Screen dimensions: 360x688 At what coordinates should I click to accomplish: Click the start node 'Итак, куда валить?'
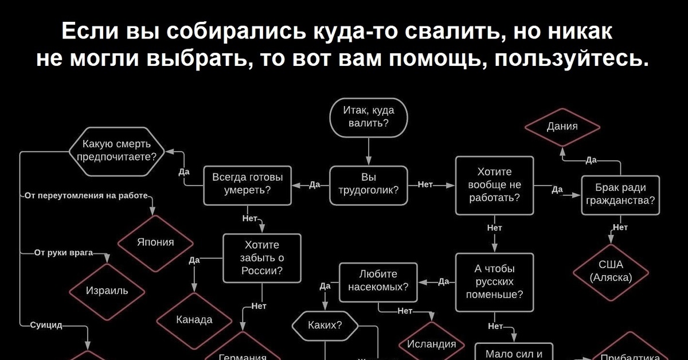click(x=369, y=118)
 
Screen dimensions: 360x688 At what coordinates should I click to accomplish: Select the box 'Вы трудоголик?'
click(x=369, y=185)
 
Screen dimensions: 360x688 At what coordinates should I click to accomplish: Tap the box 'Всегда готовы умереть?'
click(x=248, y=185)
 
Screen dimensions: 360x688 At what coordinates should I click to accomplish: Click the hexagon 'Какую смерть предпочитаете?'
click(x=116, y=151)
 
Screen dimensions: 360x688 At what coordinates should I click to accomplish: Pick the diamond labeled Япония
click(x=155, y=242)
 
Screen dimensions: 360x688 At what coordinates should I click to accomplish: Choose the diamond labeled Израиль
click(x=107, y=291)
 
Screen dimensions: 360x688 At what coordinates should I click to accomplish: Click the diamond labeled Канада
click(x=194, y=319)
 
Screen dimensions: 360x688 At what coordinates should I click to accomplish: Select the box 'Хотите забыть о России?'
click(x=262, y=258)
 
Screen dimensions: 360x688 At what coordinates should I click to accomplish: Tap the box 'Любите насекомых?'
click(x=378, y=281)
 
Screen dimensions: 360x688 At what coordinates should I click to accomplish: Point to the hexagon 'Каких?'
click(x=325, y=326)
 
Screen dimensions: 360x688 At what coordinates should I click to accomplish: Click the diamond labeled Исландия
click(x=431, y=344)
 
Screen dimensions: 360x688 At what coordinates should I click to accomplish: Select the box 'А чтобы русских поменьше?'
click(x=494, y=282)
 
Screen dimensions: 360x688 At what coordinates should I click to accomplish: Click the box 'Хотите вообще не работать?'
click(x=494, y=185)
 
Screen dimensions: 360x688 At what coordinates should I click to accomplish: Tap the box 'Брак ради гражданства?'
click(x=620, y=194)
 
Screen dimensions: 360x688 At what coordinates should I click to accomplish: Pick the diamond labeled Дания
click(x=562, y=127)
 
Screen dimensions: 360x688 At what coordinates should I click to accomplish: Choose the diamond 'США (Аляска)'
click(x=611, y=271)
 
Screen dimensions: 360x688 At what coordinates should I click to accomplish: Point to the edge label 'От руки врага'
click(x=59, y=252)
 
